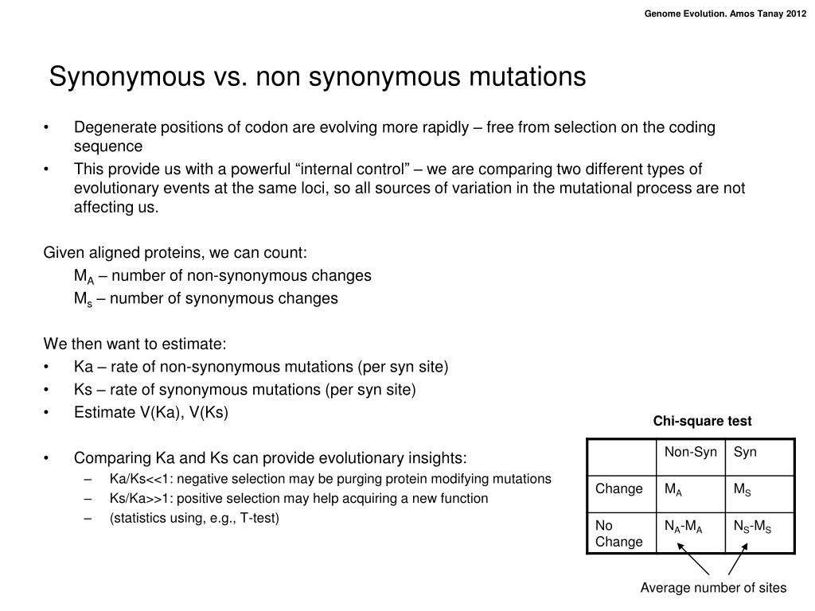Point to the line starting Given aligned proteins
click(x=174, y=253)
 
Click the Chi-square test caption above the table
click(x=702, y=421)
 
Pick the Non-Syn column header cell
click(x=690, y=452)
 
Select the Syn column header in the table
click(x=745, y=452)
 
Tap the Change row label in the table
click(x=618, y=488)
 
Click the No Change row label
click(x=618, y=533)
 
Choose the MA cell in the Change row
click(x=673, y=489)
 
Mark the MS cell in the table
click(x=742, y=489)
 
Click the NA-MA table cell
click(x=683, y=526)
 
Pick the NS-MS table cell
click(x=752, y=526)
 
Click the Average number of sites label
click(x=713, y=588)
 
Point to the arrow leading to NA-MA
click(x=692, y=558)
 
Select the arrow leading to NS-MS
click(x=737, y=558)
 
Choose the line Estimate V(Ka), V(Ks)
click(x=151, y=412)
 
